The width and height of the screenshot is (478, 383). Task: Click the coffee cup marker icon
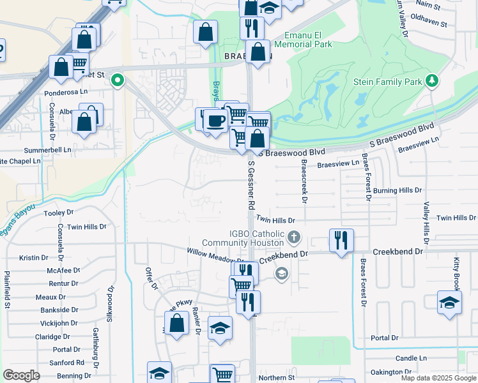[x=216, y=119]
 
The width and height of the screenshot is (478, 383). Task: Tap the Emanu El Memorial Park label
[x=304, y=40]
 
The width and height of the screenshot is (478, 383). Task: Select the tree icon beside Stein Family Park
[x=433, y=80]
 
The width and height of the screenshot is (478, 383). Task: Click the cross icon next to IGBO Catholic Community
[x=294, y=238]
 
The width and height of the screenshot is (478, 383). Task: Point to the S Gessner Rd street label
[x=251, y=185]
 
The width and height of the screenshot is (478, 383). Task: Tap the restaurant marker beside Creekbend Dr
[x=341, y=241]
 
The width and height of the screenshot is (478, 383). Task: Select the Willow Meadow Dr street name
[x=216, y=255]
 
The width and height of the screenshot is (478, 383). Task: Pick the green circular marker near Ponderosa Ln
[x=117, y=80]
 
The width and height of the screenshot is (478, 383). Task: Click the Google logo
[x=21, y=375]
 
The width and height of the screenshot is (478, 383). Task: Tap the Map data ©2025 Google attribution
[x=438, y=378]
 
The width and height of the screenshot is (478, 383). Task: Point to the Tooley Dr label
[x=58, y=213]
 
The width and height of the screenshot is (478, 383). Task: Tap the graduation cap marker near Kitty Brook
[x=449, y=303]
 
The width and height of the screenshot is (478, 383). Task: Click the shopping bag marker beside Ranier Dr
[x=177, y=323]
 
